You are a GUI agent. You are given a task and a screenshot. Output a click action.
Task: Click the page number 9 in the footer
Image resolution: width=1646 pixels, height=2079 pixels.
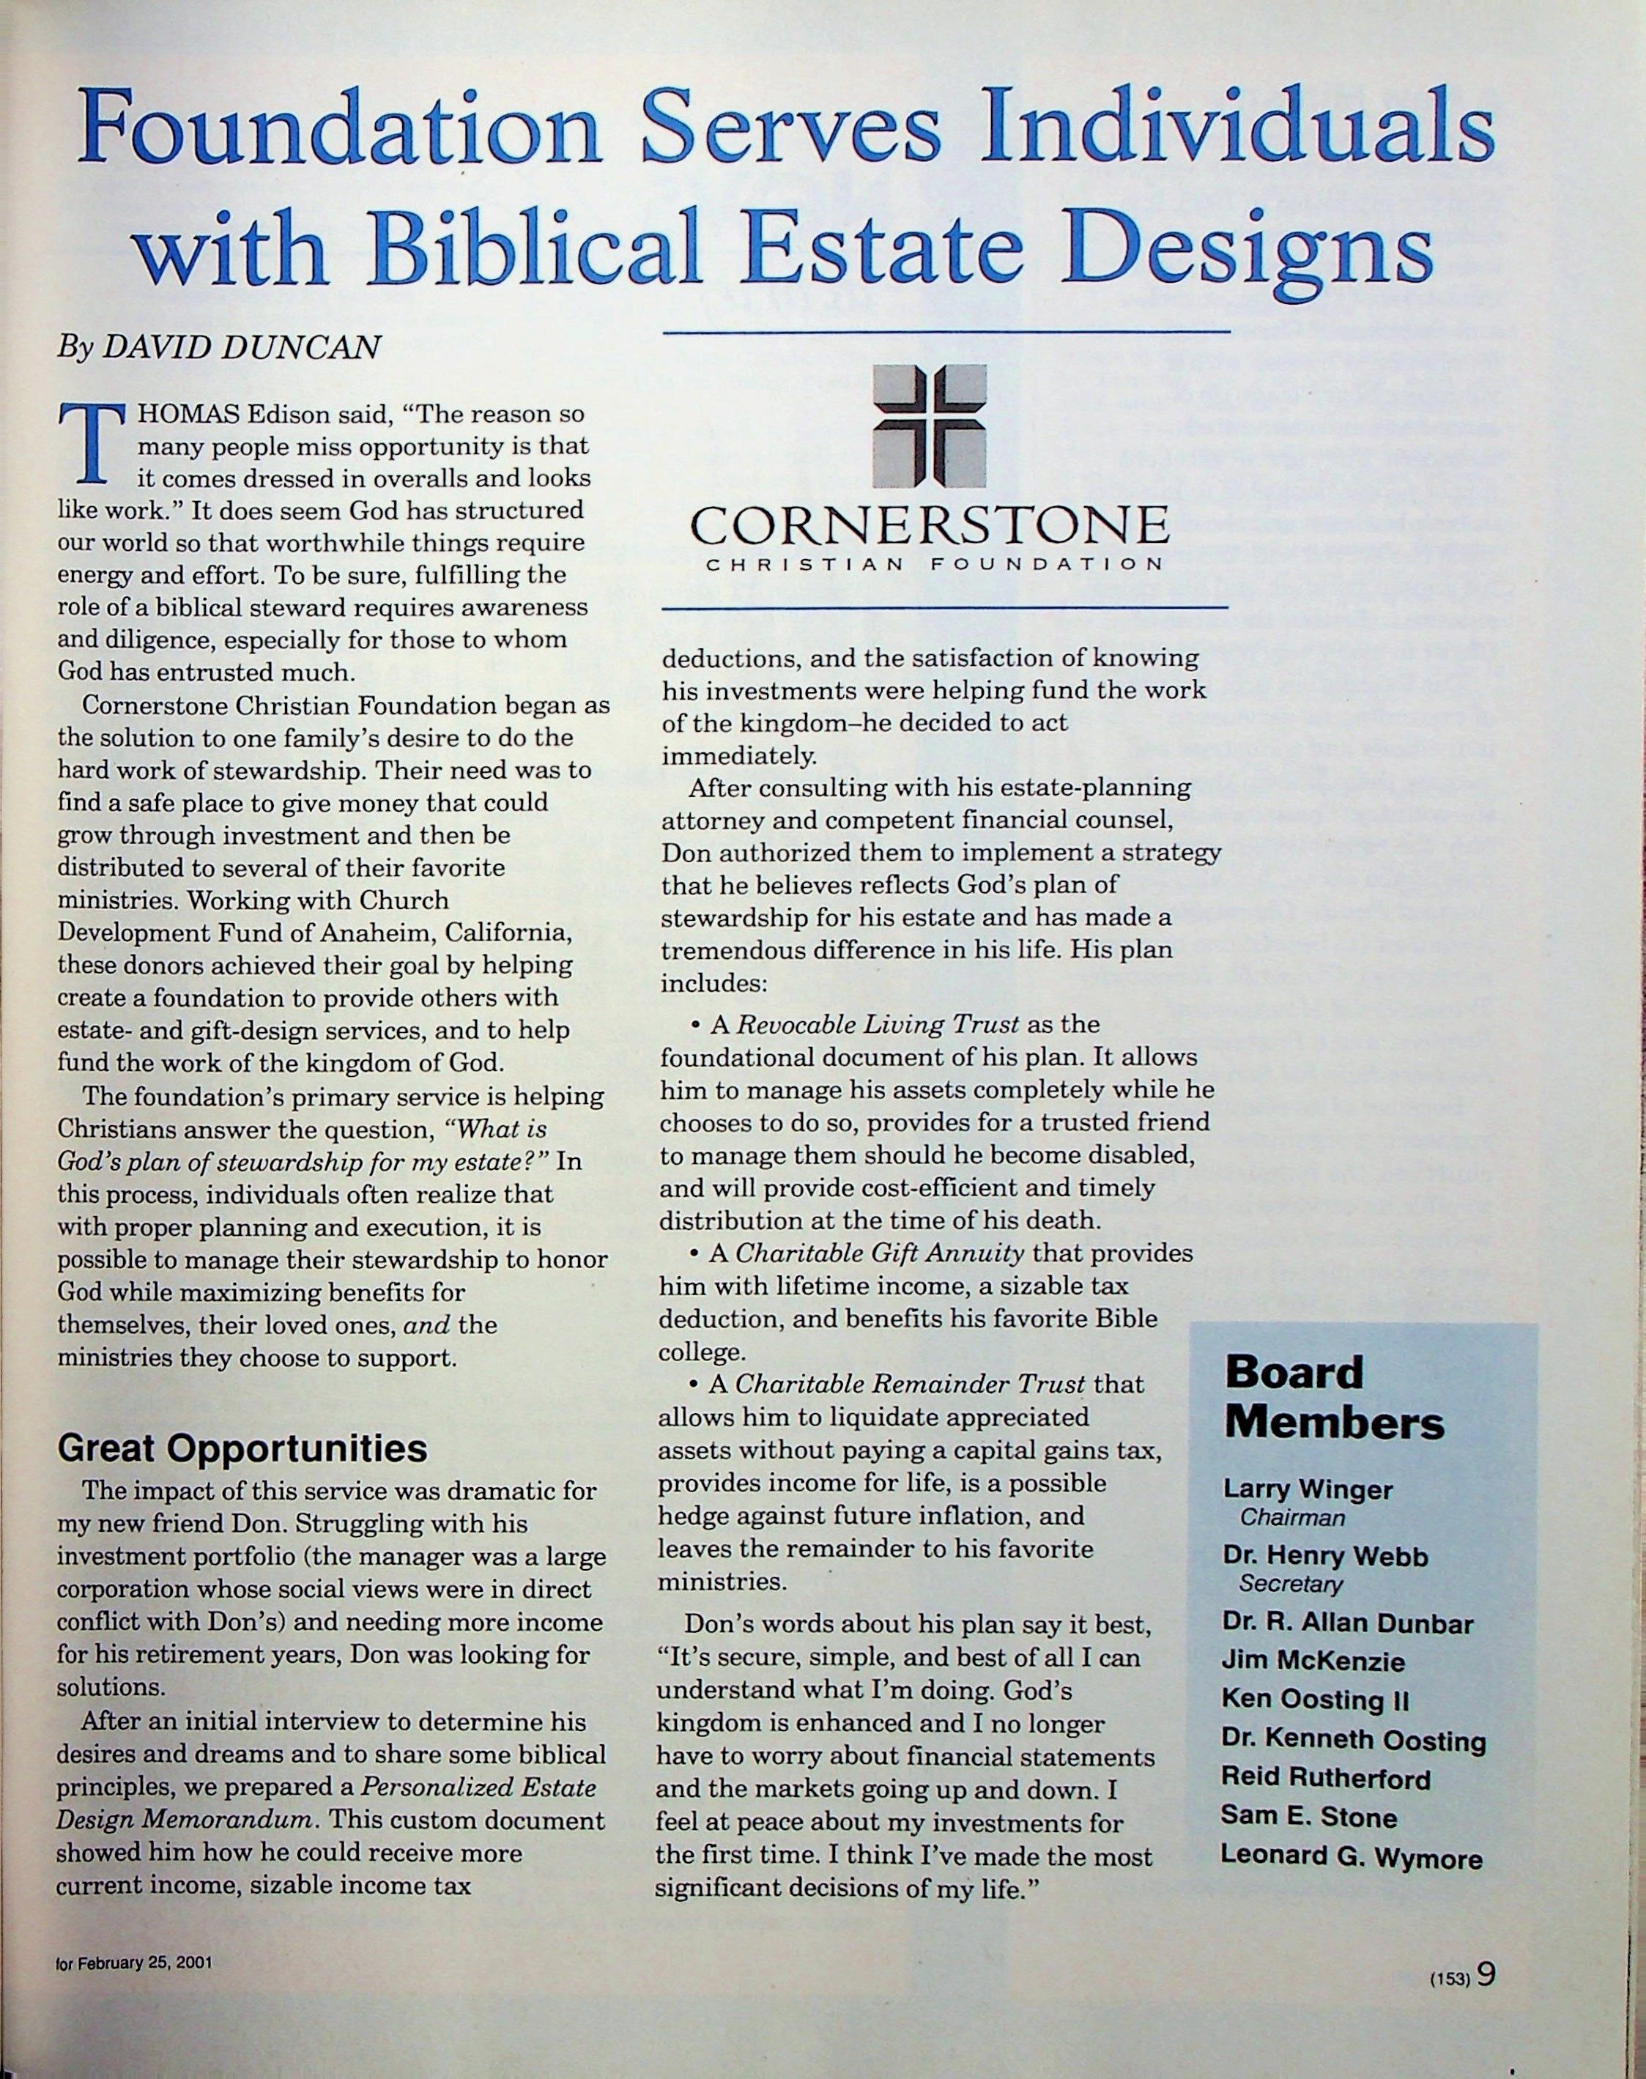1485,1974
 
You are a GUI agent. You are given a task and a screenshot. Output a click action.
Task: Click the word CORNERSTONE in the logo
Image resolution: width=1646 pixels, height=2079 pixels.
929,525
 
